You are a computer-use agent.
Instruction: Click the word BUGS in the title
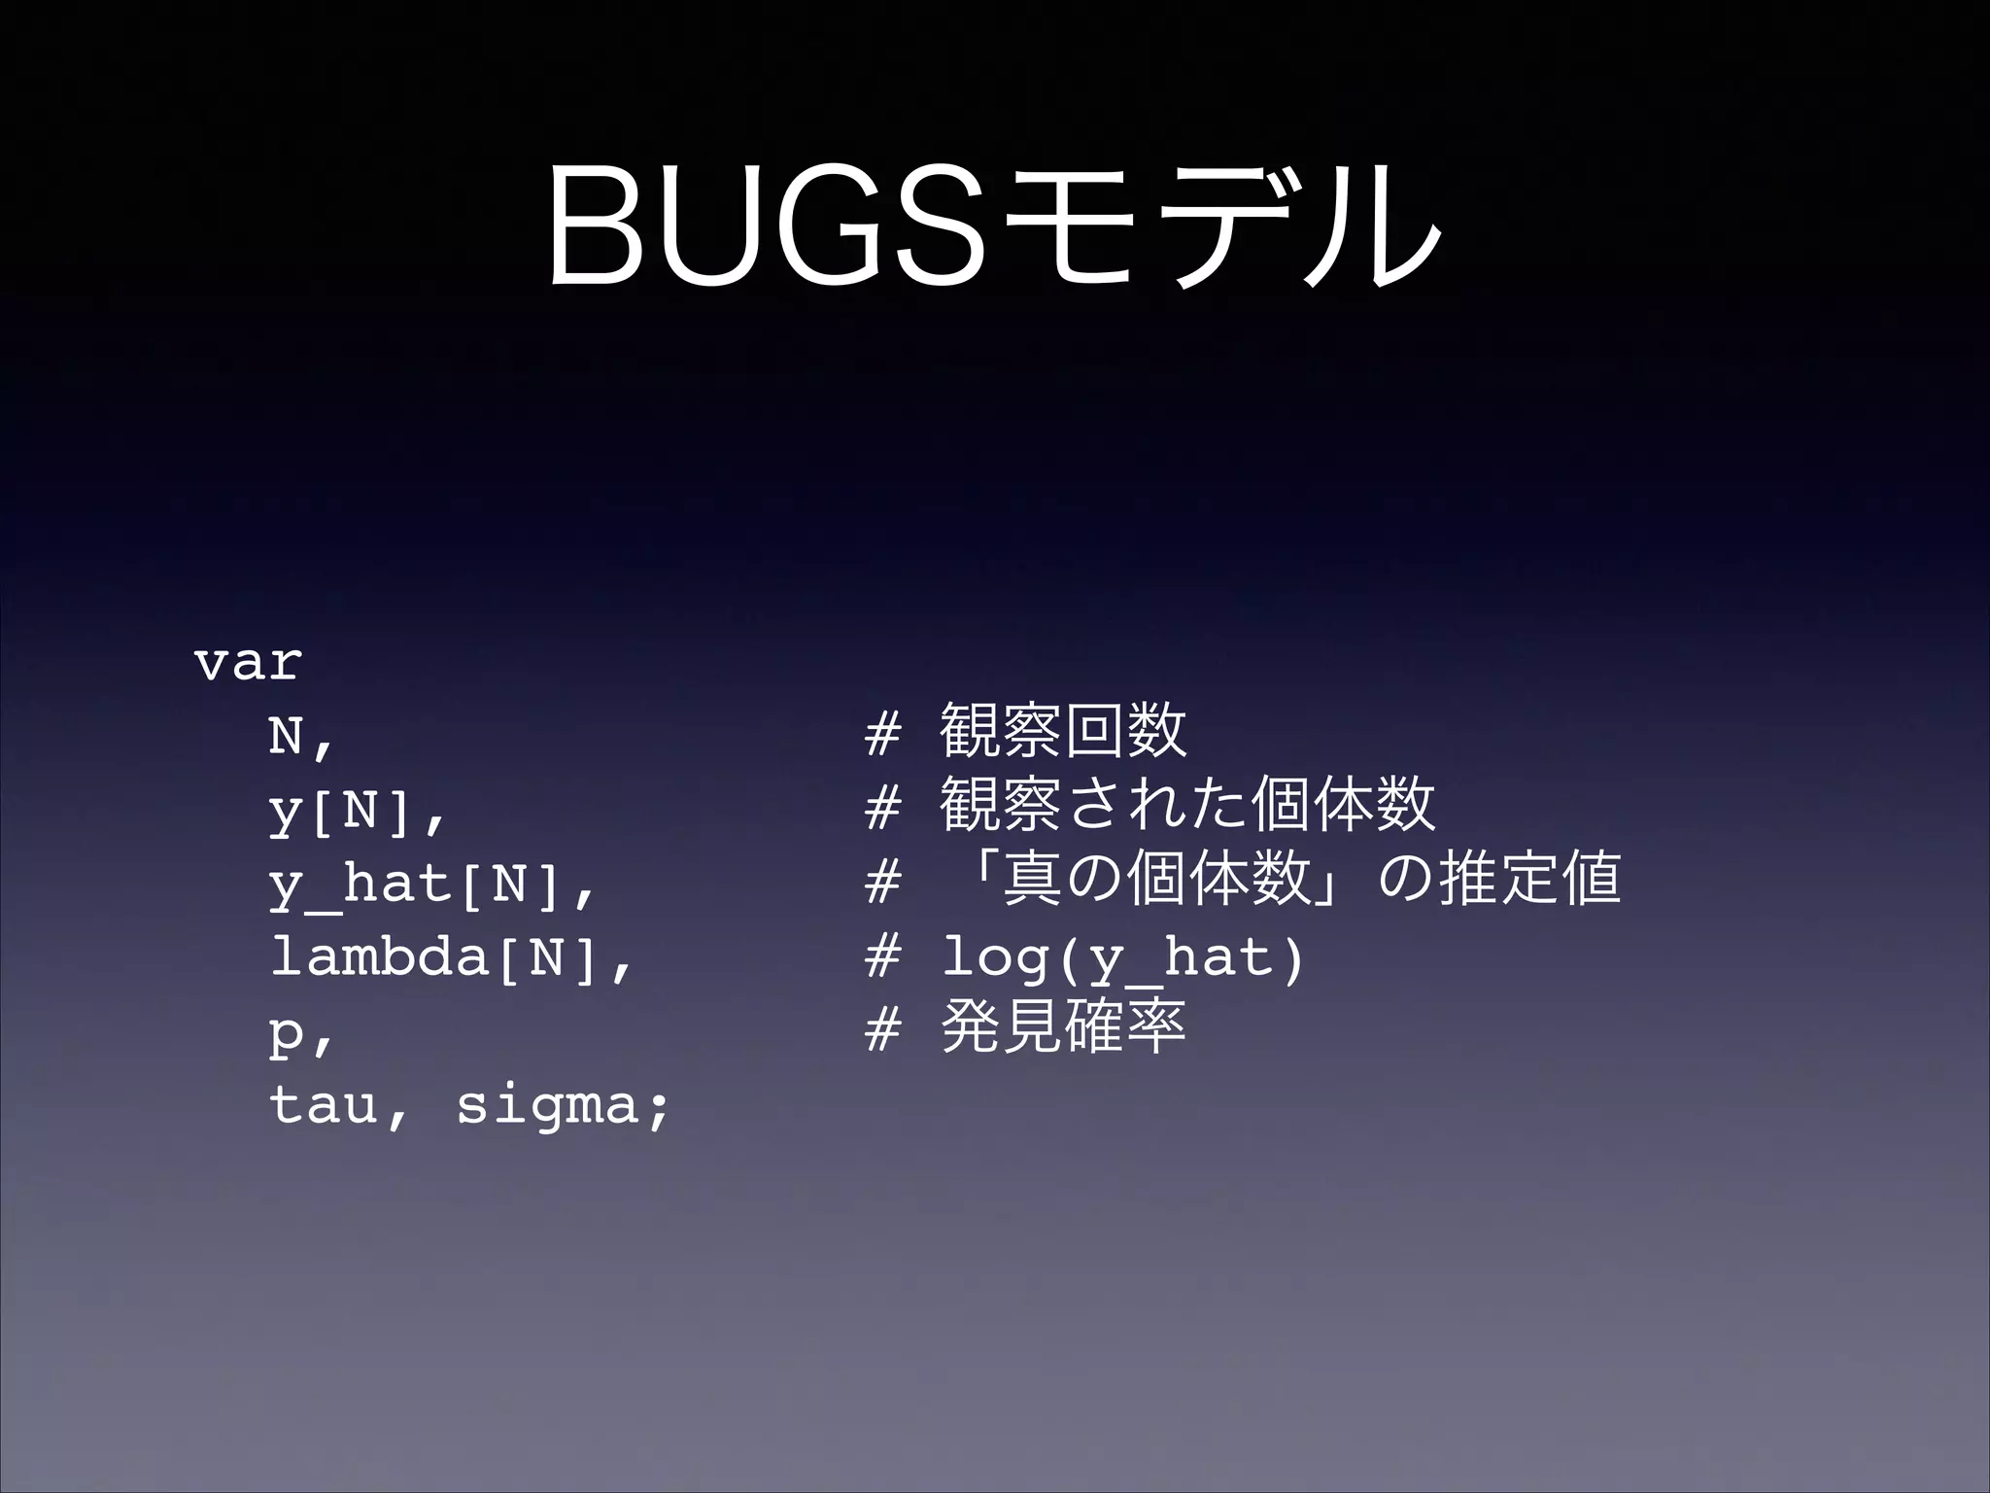point(768,226)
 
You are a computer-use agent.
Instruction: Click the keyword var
point(249,664)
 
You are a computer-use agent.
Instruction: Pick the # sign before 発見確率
point(882,1029)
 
